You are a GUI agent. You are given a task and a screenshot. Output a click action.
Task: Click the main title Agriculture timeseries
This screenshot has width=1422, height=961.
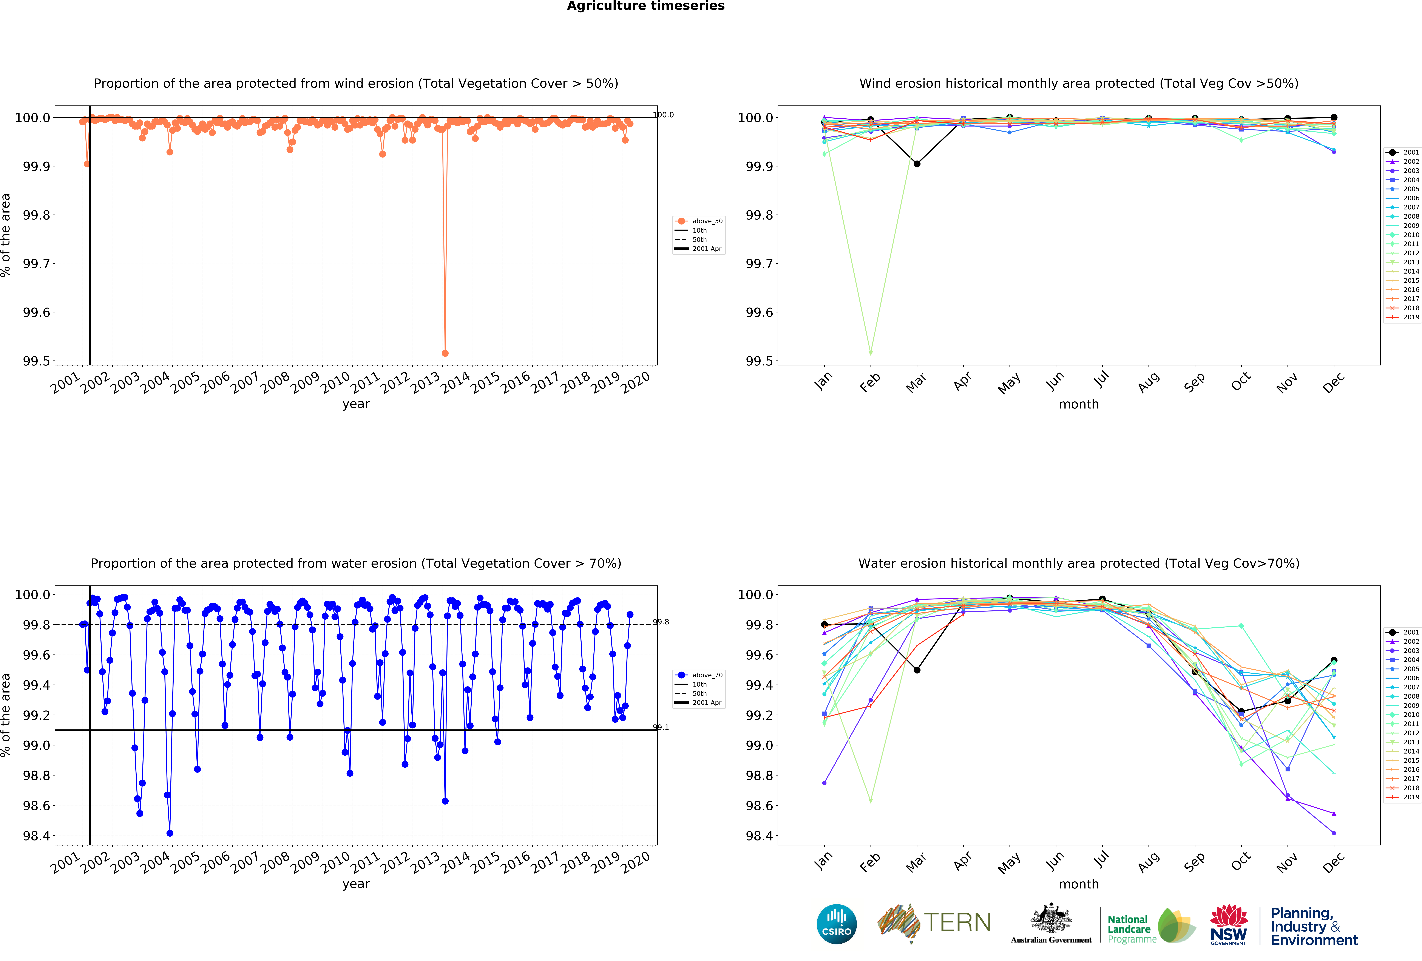[645, 6]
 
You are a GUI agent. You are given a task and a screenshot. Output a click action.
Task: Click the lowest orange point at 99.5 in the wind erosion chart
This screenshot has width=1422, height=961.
[445, 353]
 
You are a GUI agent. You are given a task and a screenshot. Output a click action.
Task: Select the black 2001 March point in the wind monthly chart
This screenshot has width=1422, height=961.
[917, 164]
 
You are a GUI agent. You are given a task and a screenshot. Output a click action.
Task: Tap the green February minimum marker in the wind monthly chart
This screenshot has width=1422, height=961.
[870, 353]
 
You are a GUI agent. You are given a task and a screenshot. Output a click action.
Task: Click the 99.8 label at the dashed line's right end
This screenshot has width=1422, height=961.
[661, 622]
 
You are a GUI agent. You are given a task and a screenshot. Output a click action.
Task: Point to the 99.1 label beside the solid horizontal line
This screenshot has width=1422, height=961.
[661, 727]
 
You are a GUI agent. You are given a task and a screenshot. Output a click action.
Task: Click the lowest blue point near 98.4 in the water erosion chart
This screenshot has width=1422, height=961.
[170, 833]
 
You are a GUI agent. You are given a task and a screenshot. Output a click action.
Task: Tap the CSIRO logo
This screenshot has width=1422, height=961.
[836, 924]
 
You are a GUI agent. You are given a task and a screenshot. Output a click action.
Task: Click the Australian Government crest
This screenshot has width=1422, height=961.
[1051, 918]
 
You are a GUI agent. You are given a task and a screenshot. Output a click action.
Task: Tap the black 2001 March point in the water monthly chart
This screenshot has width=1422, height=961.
[917, 670]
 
